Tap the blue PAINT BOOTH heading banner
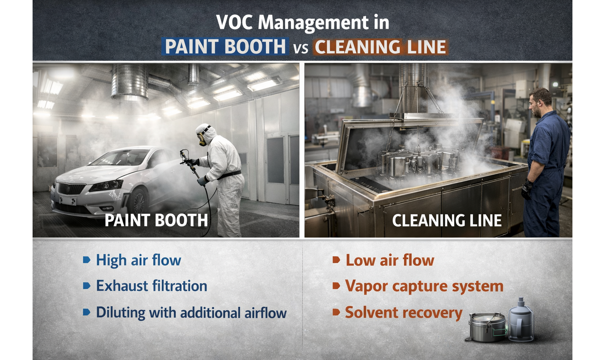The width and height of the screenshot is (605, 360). [x=225, y=46]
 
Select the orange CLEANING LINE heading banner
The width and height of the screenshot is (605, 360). [x=380, y=47]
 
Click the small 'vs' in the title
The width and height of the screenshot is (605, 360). [x=301, y=48]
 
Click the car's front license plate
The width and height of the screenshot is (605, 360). [x=67, y=200]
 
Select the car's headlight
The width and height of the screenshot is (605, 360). [x=106, y=186]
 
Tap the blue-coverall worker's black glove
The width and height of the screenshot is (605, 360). [x=527, y=190]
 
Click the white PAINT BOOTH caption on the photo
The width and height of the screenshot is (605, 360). [x=156, y=220]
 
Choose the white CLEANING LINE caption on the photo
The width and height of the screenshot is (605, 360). [x=447, y=221]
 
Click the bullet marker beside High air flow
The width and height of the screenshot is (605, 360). [x=86, y=260]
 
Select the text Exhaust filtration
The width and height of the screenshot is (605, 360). [x=152, y=286]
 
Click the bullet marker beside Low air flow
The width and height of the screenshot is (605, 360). [x=336, y=260]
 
